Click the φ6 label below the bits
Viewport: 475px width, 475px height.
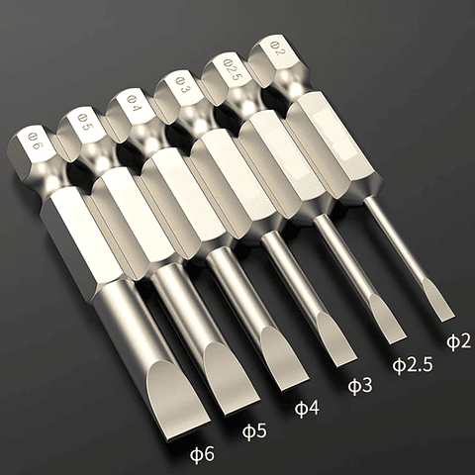coord(203,454)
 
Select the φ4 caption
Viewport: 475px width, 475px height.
coord(308,408)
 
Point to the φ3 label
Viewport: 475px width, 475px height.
coord(360,385)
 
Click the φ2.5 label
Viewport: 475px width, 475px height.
coord(413,363)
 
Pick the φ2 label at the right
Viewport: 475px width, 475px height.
coord(458,341)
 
